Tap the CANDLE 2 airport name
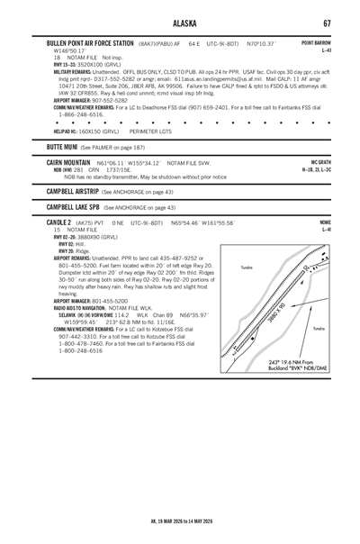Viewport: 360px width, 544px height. click(x=60, y=222)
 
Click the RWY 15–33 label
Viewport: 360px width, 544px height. click(x=65, y=66)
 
